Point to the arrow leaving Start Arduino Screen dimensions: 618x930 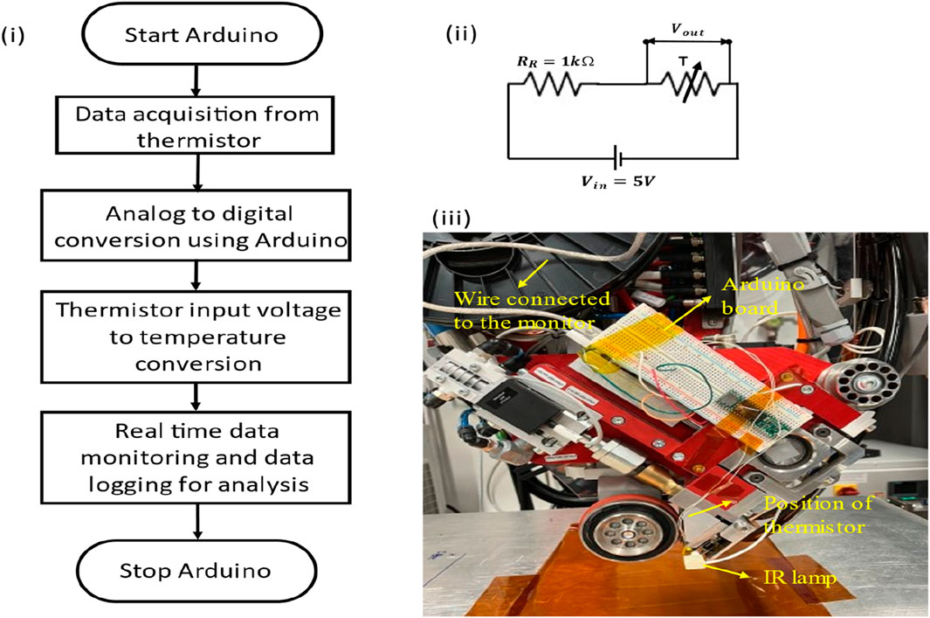click(x=198, y=79)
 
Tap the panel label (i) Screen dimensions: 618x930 click(x=16, y=37)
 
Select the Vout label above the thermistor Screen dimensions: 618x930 click(x=686, y=29)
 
